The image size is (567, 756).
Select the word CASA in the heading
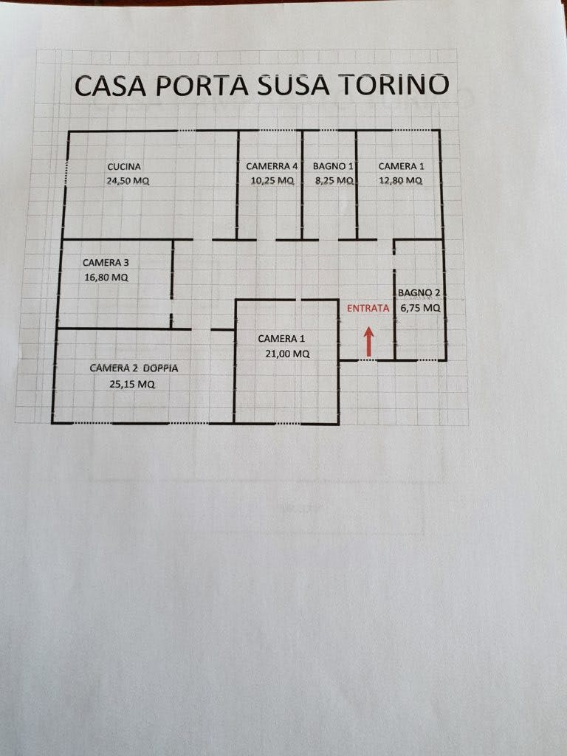111,86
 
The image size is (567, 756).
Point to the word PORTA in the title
202,86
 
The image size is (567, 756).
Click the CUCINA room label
124,167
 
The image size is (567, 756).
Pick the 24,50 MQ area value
128,181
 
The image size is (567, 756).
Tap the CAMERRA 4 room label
272,166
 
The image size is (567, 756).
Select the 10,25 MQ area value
272,180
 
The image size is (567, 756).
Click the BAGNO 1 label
333,166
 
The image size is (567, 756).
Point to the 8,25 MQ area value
334,180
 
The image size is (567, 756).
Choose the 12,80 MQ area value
400,180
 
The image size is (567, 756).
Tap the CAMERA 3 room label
106,263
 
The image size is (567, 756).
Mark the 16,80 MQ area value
106,278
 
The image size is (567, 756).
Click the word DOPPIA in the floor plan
160,368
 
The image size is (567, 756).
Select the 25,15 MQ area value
132,384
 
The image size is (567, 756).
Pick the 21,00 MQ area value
287,354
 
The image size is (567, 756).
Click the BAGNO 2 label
419,292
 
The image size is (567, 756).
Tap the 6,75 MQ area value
420,308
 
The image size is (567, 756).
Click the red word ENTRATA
368,308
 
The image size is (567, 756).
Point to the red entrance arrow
369,342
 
